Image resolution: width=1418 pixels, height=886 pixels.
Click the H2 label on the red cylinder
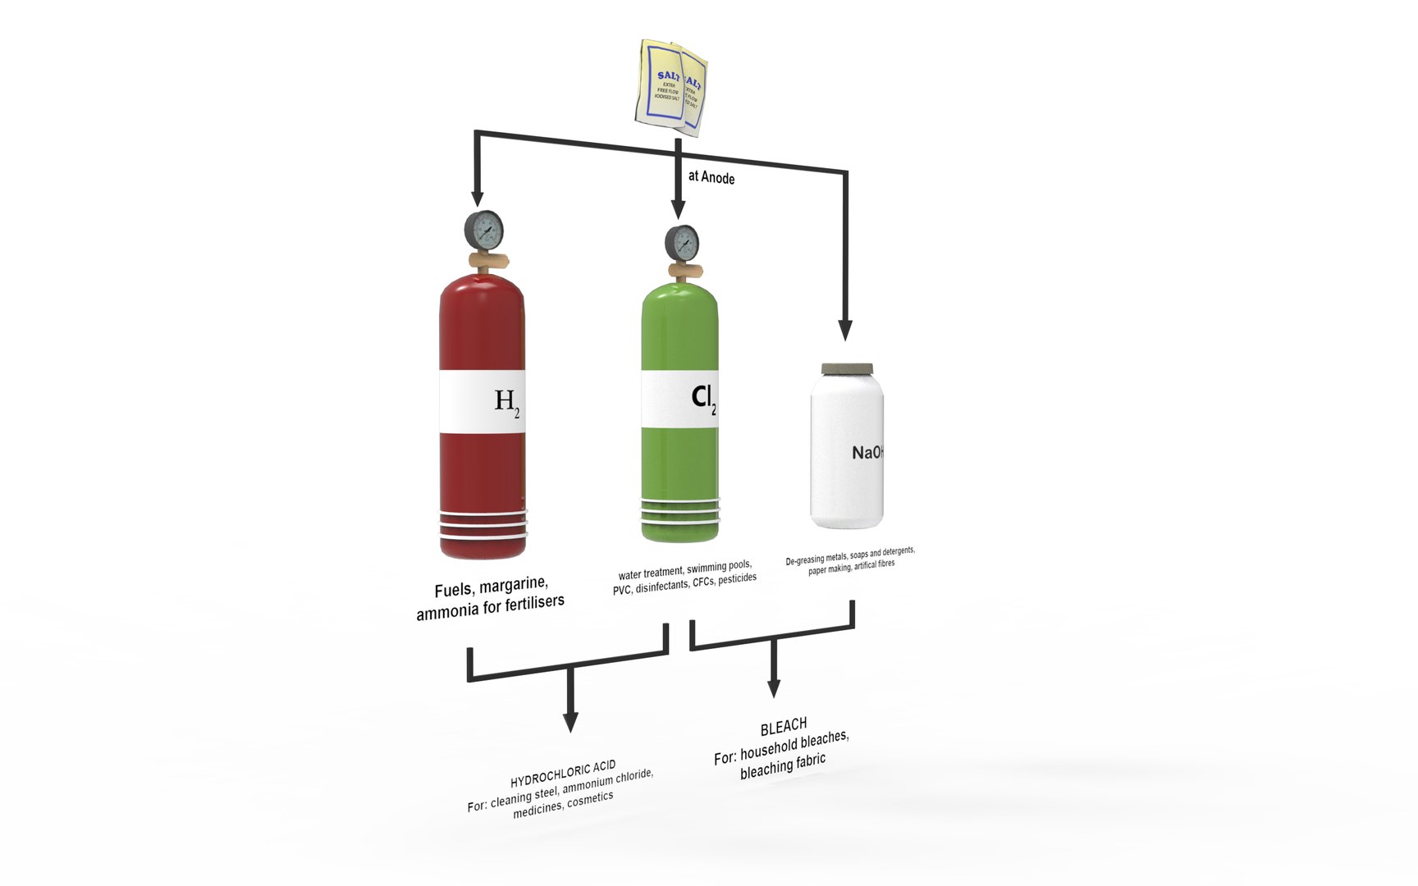506,401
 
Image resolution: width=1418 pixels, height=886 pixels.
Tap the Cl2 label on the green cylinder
703,398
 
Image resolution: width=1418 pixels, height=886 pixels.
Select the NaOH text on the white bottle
867,452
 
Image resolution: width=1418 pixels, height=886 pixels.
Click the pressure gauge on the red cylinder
484,231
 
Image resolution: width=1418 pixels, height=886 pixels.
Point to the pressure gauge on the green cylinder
682,243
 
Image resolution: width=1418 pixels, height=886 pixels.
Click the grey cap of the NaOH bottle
847,369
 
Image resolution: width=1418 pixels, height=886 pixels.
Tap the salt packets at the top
673,87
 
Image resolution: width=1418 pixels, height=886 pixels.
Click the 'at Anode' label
711,177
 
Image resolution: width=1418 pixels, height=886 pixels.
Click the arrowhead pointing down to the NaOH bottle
845,330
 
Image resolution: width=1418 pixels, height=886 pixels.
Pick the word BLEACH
784,727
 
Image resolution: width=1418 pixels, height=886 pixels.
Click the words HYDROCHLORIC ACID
563,774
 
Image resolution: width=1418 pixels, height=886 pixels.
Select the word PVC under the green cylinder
622,590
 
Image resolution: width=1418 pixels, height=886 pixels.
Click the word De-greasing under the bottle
804,561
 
